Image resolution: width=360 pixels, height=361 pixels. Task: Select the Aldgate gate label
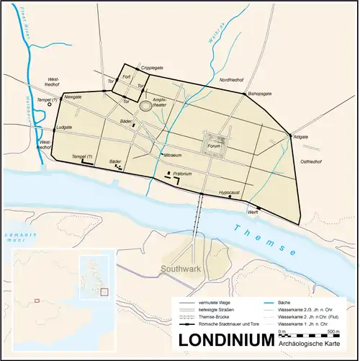[301, 135]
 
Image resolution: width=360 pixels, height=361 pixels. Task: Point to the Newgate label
[73, 96]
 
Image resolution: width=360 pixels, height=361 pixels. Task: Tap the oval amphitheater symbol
[148, 106]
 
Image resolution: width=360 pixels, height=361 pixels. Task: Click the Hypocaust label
[229, 192]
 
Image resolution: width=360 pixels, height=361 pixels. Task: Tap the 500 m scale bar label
[330, 331]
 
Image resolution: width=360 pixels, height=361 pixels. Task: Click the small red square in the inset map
[104, 292]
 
